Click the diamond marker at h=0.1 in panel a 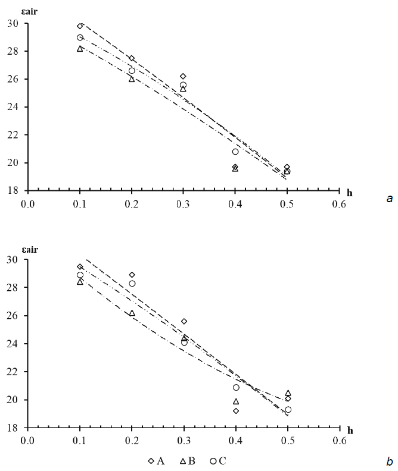pyautogui.click(x=80, y=26)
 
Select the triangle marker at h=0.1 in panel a pyautogui.click(x=80, y=49)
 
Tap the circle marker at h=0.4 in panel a pyautogui.click(x=236, y=152)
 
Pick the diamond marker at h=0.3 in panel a pyautogui.click(x=184, y=76)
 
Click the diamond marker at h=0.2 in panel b pyautogui.click(x=132, y=275)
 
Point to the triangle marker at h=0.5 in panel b pyautogui.click(x=288, y=393)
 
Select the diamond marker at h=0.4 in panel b pyautogui.click(x=236, y=411)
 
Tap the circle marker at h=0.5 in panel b pyautogui.click(x=288, y=410)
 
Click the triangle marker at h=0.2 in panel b pyautogui.click(x=132, y=313)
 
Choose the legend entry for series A pyautogui.click(x=156, y=461)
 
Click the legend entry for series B pyautogui.click(x=189, y=461)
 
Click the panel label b pyautogui.click(x=389, y=461)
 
